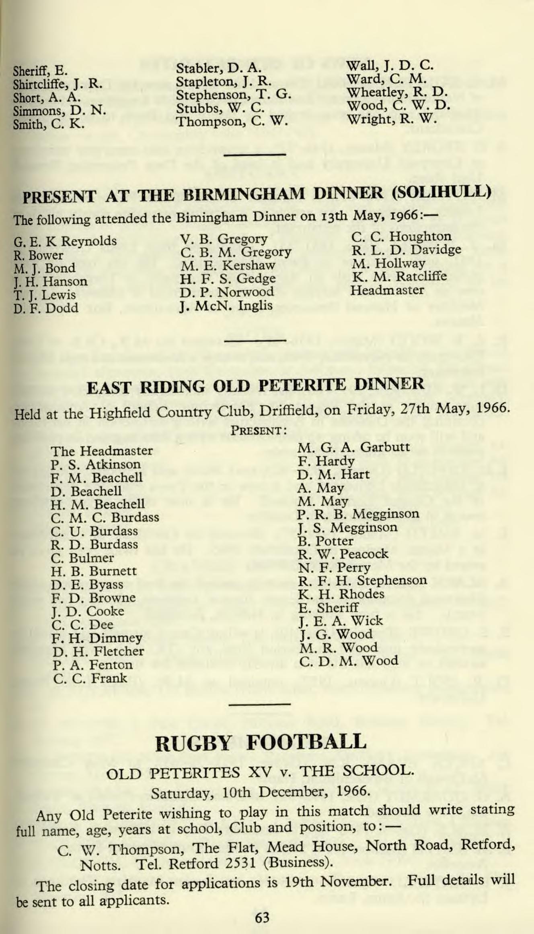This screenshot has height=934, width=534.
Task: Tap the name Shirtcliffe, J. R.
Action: tap(58, 85)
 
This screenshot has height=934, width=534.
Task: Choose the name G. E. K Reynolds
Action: tap(65, 242)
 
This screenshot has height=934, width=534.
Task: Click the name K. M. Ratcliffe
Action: tap(399, 277)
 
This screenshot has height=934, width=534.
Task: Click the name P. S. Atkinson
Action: tap(96, 465)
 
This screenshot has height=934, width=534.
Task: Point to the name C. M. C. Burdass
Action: tap(105, 517)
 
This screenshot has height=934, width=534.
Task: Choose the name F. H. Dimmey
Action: tap(97, 638)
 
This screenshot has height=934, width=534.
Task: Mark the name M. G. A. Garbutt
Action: tap(353, 447)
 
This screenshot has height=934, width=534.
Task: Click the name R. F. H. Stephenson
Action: tap(362, 581)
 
